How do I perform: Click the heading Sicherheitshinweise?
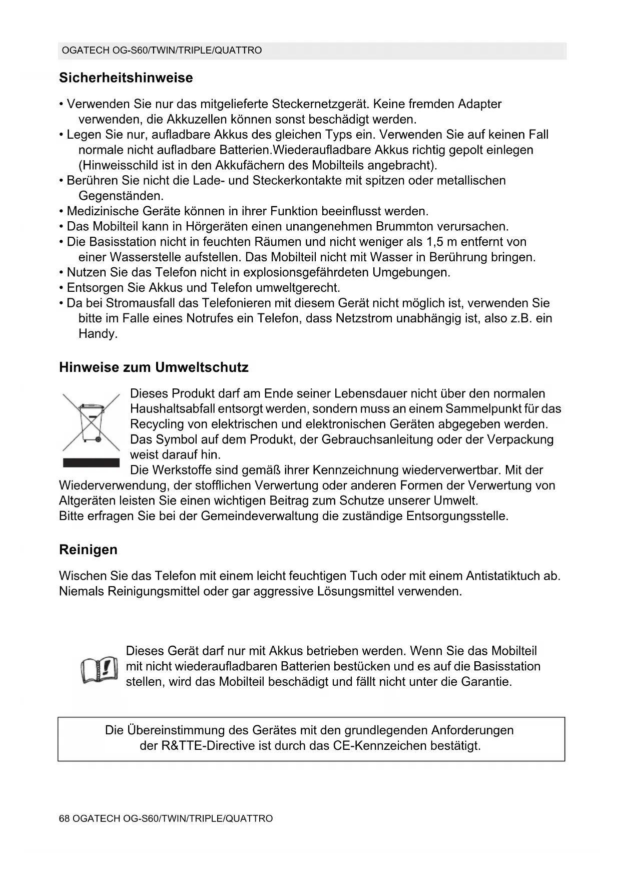coord(126,78)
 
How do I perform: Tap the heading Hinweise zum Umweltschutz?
coord(154,367)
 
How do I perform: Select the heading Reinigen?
coord(88,550)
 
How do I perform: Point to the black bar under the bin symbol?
coord(91,463)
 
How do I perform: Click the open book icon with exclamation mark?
coord(100,669)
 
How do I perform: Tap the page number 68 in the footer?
coord(64,818)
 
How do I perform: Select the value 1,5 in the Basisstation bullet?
coord(434,242)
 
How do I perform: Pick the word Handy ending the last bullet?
coord(98,334)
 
